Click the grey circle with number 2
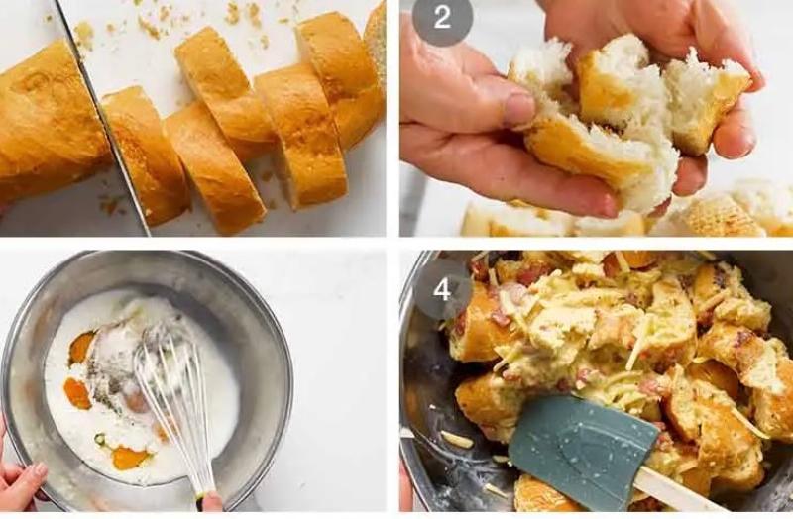pos(442,18)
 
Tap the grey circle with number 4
pos(442,289)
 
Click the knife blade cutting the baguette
pos(103,117)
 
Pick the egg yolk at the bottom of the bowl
pos(131,458)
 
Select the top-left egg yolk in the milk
pos(81,348)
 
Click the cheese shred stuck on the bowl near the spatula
pos(457,439)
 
